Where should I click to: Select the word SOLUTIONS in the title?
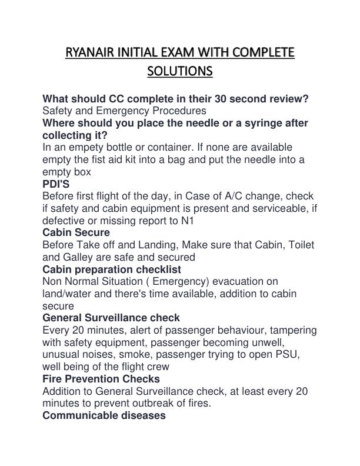[179, 72]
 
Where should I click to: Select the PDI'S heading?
[56, 184]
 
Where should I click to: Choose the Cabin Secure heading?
[76, 232]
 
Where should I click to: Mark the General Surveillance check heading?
[111, 318]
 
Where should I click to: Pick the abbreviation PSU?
[305, 355]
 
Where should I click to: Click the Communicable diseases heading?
[104, 415]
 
